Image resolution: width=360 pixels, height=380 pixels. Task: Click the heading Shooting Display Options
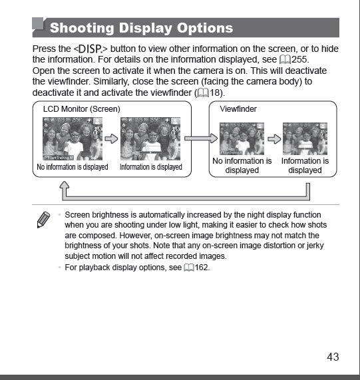coord(141,28)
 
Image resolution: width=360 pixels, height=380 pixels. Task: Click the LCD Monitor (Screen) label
coord(81,108)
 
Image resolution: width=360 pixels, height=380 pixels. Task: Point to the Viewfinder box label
coord(238,108)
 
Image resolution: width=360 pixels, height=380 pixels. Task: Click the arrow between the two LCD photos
coord(111,138)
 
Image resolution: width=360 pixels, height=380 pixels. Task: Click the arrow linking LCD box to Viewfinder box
coord(200,138)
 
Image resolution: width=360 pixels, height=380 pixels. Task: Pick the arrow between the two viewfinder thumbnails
coord(273,138)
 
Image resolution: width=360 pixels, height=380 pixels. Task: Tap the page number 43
coord(333,357)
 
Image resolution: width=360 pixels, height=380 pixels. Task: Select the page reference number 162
coord(202,268)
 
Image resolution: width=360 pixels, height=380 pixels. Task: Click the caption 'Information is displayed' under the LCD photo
coord(150,167)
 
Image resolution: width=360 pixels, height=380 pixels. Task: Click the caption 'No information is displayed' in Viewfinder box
coord(242,166)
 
